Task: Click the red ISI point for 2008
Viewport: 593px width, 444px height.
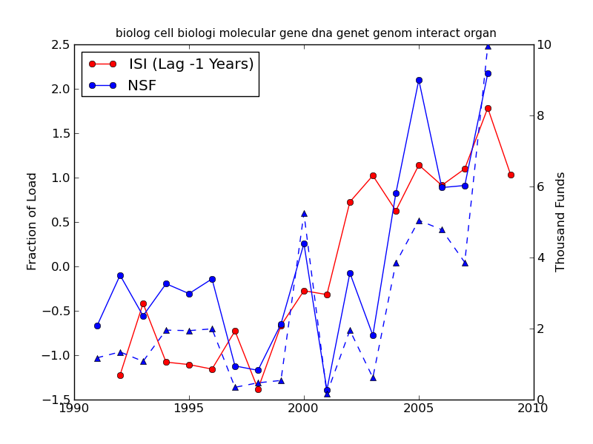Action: (488, 108)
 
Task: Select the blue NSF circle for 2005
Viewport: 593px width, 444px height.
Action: (419, 80)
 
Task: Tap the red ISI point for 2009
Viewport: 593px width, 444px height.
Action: (511, 175)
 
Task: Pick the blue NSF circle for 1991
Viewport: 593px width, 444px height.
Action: (97, 326)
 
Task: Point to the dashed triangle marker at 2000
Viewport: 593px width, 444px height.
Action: (304, 213)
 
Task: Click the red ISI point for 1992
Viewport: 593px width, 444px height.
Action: (120, 375)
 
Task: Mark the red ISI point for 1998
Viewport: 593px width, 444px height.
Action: (258, 389)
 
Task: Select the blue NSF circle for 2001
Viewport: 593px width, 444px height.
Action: (327, 390)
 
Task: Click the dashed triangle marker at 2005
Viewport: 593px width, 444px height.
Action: (419, 221)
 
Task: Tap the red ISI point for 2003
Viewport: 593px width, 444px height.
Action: (373, 175)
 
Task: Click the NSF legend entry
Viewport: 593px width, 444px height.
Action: (142, 86)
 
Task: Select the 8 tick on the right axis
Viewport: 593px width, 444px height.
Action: (542, 115)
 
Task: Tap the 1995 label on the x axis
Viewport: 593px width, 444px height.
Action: (189, 408)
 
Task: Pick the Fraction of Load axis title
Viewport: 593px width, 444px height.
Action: (33, 221)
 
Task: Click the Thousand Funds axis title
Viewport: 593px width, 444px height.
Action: (561, 222)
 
